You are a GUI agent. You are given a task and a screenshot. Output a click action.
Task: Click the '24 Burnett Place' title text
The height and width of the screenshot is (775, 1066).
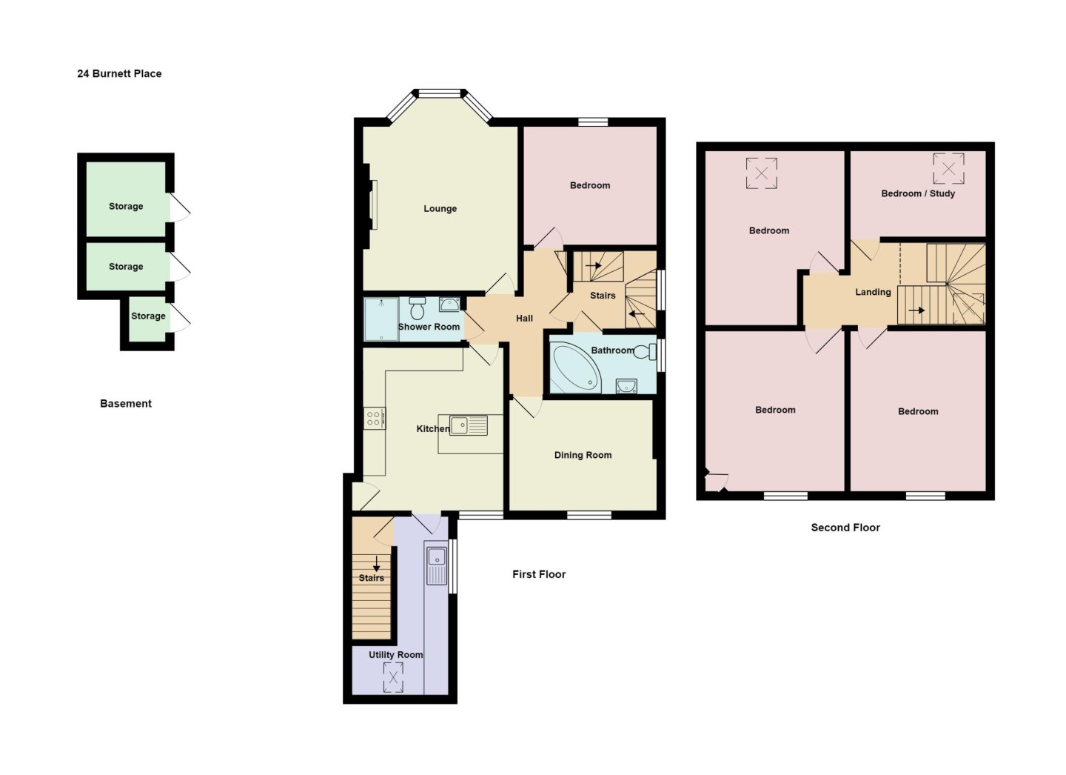[x=119, y=74]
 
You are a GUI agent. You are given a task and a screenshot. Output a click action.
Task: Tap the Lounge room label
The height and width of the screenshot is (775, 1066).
[x=440, y=209]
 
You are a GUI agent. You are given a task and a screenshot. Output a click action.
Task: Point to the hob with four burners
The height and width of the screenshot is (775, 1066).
[x=375, y=418]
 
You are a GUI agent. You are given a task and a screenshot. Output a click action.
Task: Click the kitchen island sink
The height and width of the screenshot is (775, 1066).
[x=469, y=425]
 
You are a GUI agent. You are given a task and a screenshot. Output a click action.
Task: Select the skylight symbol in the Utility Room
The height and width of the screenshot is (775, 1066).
[x=393, y=677]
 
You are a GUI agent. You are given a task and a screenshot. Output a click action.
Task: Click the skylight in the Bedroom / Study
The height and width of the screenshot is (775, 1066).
[x=948, y=168]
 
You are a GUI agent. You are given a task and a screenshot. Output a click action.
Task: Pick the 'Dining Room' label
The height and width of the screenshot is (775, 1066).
[x=583, y=455]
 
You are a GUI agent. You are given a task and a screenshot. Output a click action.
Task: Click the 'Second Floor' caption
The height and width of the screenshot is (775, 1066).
[x=845, y=528]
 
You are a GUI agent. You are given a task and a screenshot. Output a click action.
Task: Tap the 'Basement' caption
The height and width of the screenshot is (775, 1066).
[x=126, y=404]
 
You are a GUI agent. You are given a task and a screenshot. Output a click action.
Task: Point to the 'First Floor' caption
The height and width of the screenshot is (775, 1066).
[x=539, y=574]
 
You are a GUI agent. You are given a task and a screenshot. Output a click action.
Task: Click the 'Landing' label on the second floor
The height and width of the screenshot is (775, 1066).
[x=873, y=292]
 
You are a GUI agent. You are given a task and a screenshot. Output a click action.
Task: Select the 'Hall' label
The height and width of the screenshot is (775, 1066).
[x=524, y=318]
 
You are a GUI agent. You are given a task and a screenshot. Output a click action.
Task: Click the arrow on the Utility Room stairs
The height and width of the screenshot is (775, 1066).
[x=376, y=564]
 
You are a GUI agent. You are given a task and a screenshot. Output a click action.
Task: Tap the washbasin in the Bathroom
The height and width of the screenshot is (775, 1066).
[x=626, y=385]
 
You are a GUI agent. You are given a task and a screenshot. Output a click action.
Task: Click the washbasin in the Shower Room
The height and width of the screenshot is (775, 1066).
[x=449, y=305]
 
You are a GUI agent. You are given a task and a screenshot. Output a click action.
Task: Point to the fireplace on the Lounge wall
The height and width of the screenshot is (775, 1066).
[x=369, y=206]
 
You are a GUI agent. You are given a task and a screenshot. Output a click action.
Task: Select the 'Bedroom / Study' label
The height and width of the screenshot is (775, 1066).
[x=918, y=193]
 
